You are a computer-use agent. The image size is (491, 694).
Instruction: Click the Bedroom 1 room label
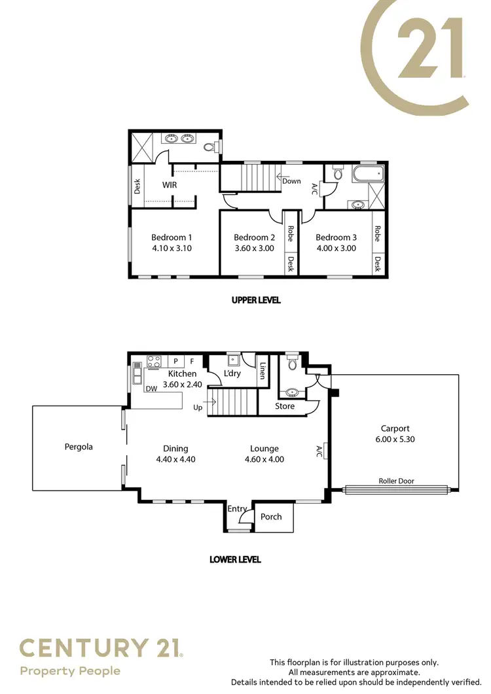coord(172,237)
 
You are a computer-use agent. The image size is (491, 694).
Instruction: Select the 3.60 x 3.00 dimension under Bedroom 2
coord(254,248)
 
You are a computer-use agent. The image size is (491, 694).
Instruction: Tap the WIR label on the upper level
coord(170,185)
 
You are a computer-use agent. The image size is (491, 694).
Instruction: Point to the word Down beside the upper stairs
coord(292,181)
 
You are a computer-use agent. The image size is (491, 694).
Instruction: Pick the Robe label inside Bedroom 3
coord(378,234)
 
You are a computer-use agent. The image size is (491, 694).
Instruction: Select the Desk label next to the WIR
coord(137,187)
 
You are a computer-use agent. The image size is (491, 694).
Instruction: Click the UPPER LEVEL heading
coord(256,300)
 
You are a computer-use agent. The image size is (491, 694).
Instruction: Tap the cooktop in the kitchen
coord(155,360)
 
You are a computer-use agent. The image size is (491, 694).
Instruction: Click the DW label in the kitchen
coord(151,389)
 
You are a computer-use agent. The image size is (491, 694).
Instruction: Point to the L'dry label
coord(233,373)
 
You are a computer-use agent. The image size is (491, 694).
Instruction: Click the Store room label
coord(285,406)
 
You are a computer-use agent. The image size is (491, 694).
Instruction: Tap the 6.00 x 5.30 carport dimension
coord(398,440)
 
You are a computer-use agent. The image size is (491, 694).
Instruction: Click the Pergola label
coord(79,447)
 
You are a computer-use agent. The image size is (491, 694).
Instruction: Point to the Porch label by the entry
coord(271,517)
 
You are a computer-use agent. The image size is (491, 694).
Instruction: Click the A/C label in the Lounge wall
coord(319,450)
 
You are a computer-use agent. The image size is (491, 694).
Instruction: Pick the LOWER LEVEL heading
coord(235,559)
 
